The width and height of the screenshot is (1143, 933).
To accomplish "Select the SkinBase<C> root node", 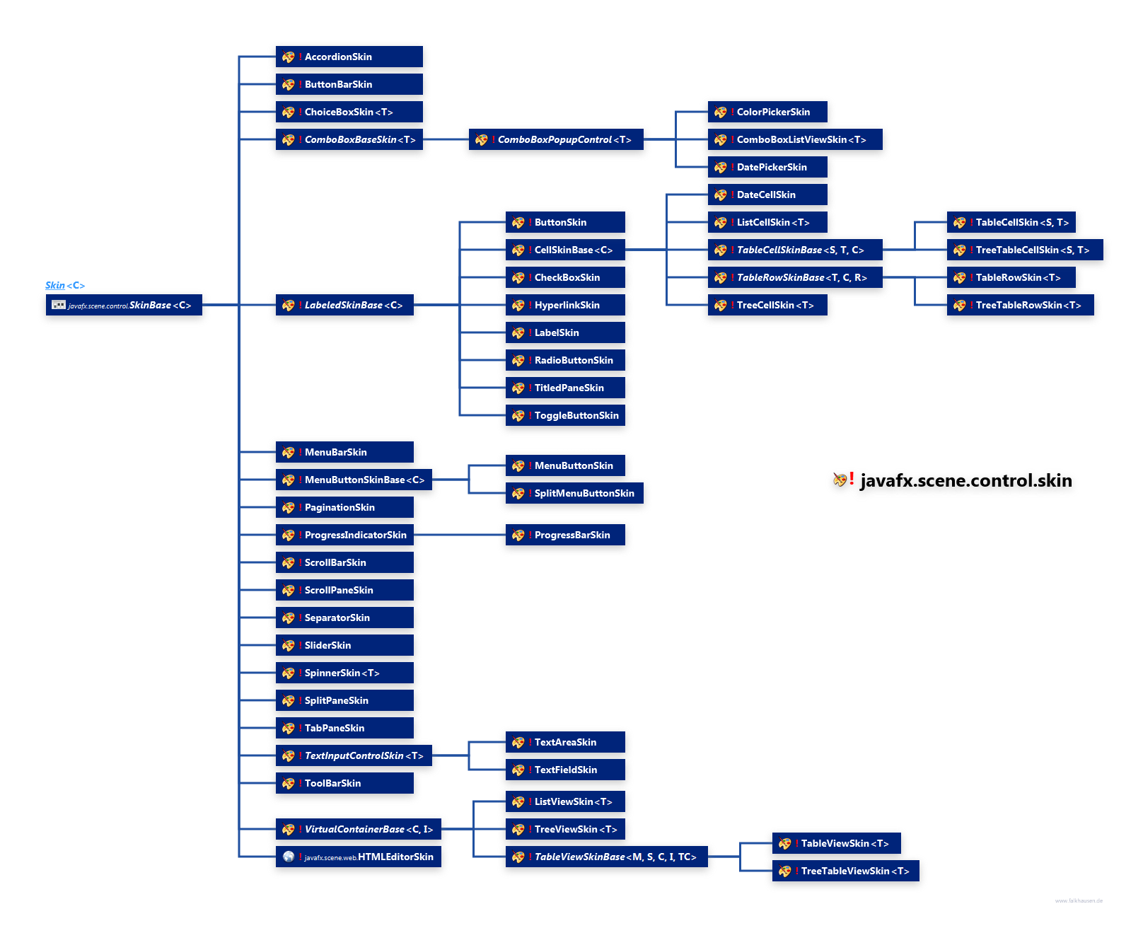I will tap(124, 306).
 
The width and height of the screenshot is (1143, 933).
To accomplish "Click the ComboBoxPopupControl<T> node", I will tap(555, 140).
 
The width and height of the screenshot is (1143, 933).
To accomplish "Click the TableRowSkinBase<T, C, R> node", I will tap(795, 278).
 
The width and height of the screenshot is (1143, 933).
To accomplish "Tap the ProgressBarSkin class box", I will tap(565, 535).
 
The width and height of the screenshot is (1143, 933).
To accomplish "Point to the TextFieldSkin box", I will tap(565, 770).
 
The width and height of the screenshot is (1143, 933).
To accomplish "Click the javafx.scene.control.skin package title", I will tap(965, 481).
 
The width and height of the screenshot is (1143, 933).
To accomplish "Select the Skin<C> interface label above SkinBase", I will tap(65, 286).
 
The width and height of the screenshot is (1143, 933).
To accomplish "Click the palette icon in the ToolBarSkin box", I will tap(289, 784).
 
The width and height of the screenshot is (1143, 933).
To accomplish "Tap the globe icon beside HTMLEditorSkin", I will tap(289, 857).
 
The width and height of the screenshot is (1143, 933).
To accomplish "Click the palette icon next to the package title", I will tap(840, 480).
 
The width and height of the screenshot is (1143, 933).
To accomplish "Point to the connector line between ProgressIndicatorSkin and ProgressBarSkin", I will tap(460, 535).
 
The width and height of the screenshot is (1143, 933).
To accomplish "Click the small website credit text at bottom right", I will tap(1079, 901).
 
